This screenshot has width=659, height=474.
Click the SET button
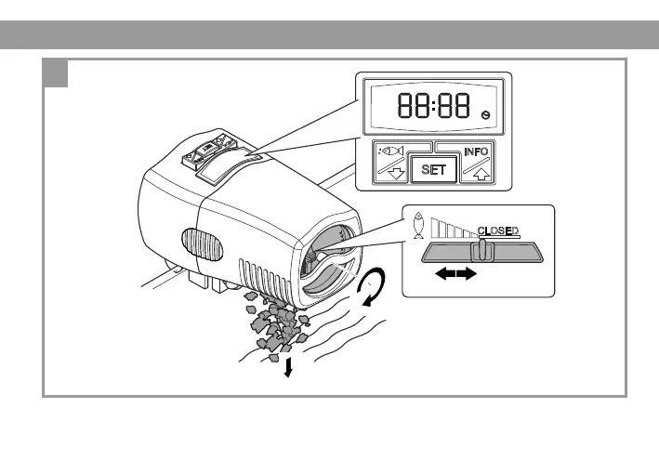431,170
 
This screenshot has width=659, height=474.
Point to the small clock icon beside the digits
484,113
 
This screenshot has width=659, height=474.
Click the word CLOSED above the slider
498,230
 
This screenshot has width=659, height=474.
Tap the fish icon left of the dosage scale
417,227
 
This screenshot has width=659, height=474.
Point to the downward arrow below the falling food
288,369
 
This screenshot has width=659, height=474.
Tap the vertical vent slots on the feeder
265,278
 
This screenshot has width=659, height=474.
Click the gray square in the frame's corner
57,73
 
